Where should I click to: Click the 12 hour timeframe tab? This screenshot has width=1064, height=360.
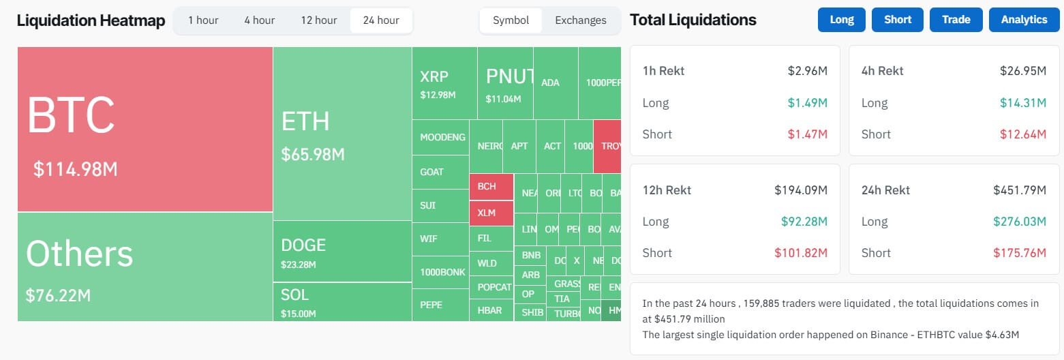point(319,20)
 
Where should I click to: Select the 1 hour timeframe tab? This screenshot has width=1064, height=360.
point(203,20)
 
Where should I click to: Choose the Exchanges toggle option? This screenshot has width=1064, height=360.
point(581,20)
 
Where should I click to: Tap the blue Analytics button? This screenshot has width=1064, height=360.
point(1024,20)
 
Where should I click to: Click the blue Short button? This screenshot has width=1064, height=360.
point(898,20)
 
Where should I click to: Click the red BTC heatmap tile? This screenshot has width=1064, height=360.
point(145,130)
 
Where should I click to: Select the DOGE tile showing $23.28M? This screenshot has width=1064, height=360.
point(342,251)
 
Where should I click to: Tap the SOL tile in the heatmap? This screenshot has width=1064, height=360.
point(342,301)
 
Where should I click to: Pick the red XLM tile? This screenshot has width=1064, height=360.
point(491,213)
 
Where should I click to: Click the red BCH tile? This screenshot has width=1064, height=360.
point(491,187)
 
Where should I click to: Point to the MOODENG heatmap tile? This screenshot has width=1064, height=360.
point(442,137)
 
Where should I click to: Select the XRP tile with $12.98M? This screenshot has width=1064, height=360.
point(444,83)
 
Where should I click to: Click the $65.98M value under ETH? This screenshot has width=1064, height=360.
point(313,155)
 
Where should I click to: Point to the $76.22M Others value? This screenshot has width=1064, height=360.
point(58,296)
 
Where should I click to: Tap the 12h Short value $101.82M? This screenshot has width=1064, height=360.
point(801,253)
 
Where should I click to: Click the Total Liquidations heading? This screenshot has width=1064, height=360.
point(693,20)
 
